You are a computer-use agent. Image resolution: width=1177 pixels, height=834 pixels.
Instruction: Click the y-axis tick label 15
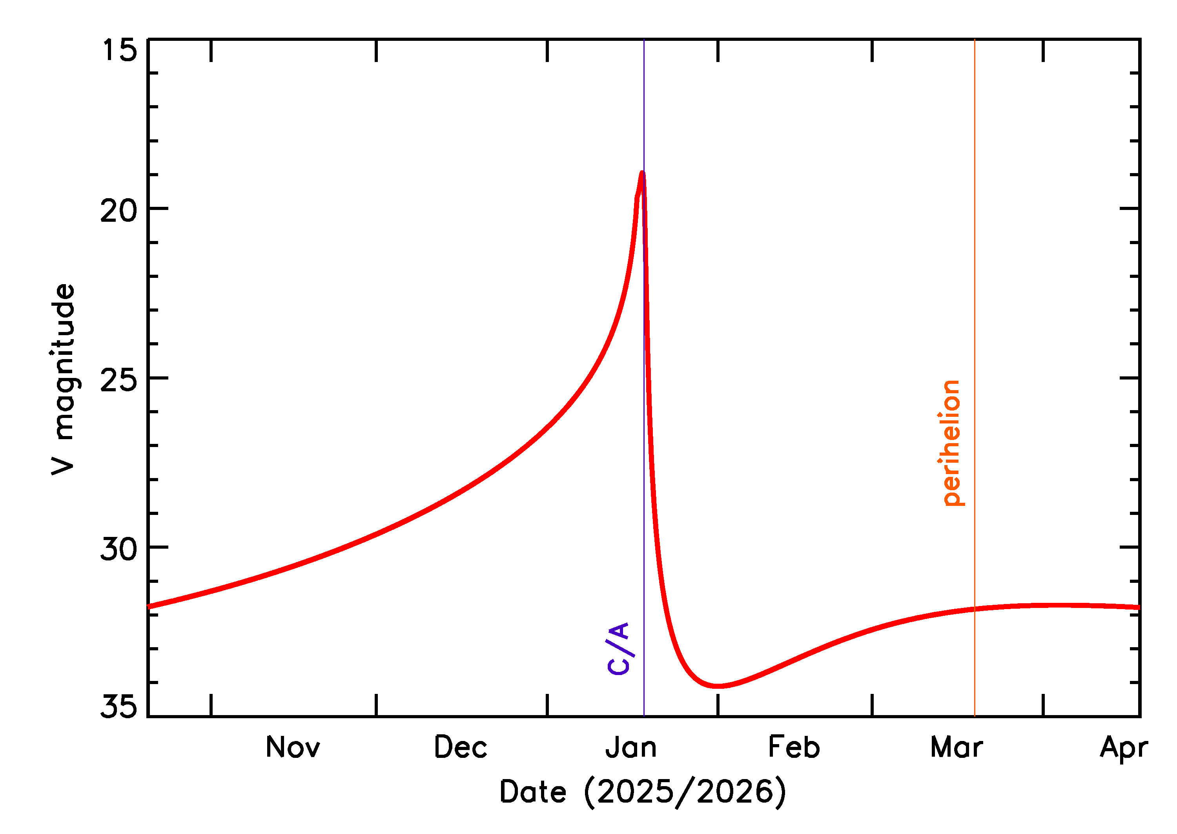click(120, 50)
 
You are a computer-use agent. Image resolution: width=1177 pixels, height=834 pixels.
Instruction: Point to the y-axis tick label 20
click(119, 210)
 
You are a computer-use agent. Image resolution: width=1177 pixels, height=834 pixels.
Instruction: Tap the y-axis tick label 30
click(119, 549)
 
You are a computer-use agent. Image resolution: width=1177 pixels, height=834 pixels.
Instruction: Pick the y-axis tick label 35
click(119, 706)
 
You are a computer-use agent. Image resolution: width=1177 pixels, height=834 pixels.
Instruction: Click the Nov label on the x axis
click(293, 748)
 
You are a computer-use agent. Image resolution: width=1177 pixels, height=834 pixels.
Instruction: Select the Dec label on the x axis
click(461, 748)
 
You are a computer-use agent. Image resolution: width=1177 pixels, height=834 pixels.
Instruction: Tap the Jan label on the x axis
click(631, 748)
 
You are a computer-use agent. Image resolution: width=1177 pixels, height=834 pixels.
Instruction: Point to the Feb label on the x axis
click(794, 748)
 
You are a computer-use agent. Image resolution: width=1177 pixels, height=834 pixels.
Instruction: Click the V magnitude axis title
click(63, 379)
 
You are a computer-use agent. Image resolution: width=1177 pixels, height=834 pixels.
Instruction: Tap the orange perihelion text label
click(951, 443)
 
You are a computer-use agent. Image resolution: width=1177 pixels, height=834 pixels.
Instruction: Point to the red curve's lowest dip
click(719, 686)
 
